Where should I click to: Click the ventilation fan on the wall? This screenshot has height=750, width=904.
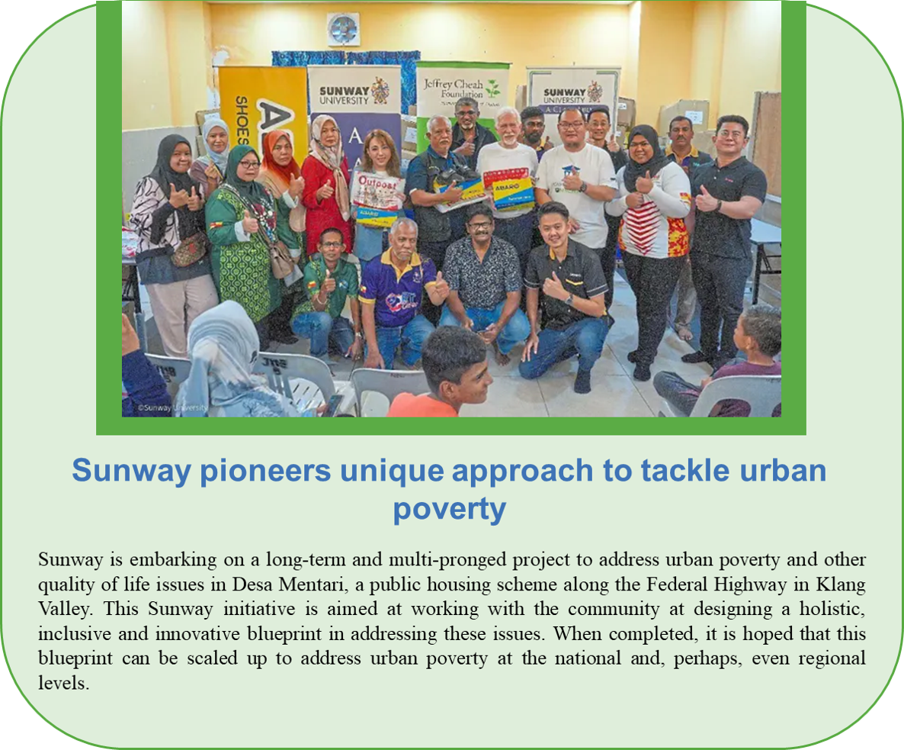[344, 30]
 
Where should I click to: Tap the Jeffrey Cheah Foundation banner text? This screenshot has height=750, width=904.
[454, 89]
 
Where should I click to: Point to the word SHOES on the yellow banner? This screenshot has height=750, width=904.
[242, 121]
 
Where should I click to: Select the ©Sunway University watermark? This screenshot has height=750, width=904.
[172, 407]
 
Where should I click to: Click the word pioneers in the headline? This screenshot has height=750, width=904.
[265, 471]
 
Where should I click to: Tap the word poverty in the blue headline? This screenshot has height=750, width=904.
[450, 509]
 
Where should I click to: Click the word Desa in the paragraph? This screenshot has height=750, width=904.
[252, 584]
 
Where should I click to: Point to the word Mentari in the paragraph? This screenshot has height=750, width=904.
[312, 584]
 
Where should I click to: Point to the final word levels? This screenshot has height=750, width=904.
[63, 683]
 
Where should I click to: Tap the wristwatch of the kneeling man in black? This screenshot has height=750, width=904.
[569, 299]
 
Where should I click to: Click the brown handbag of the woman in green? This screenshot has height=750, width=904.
[282, 259]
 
